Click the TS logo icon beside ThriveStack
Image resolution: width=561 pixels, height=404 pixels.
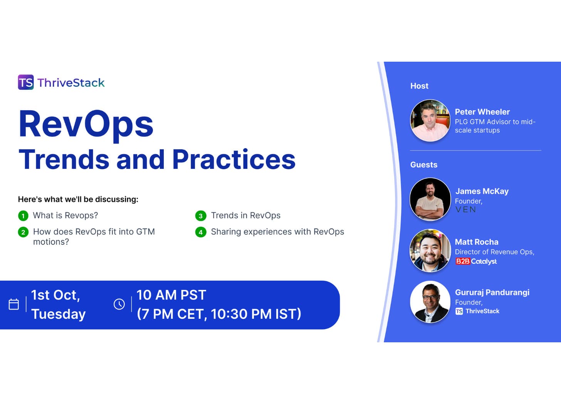[26, 82]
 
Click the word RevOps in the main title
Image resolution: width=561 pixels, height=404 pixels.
[86, 124]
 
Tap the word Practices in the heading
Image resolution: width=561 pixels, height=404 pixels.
[233, 160]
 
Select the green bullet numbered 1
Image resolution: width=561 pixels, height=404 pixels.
[23, 216]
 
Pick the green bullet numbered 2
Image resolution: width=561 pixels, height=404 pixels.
[23, 232]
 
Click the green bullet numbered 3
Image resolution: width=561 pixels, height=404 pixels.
[200, 216]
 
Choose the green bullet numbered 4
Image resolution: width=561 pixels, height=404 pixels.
[200, 232]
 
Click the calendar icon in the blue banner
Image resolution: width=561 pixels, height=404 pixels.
[14, 304]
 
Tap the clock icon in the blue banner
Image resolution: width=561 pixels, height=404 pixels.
[119, 304]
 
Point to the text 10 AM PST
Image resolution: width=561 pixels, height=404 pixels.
[171, 295]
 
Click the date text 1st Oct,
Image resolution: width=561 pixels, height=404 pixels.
[55, 295]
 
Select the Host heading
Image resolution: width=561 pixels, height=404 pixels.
[419, 86]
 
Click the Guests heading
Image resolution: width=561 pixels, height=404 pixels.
[424, 165]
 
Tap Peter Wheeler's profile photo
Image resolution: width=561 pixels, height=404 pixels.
[430, 121]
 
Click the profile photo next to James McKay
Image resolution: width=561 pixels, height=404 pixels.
[430, 199]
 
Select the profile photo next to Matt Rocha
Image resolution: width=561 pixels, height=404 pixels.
[430, 251]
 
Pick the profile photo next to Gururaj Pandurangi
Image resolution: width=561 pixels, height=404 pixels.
[430, 301]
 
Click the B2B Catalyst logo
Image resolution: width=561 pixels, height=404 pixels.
[476, 261]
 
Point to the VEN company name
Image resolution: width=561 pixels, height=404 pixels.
[466, 210]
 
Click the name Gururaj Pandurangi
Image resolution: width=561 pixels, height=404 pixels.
[492, 292]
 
